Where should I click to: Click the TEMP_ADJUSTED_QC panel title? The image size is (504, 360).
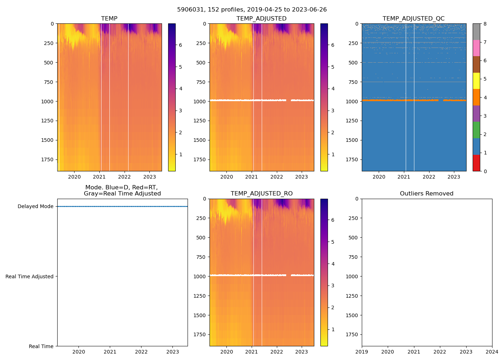pyautogui.click(x=413, y=19)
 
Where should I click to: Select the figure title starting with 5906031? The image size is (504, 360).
pyautogui.click(x=252, y=10)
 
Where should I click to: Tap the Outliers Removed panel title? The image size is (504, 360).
pyautogui.click(x=427, y=194)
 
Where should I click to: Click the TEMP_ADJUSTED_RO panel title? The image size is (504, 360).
pyautogui.click(x=261, y=194)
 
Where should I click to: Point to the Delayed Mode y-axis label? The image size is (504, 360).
pyautogui.click(x=35, y=207)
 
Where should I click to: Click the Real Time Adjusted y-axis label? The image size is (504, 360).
pyautogui.click(x=29, y=276)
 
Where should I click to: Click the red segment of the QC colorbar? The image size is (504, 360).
pyautogui.click(x=476, y=163)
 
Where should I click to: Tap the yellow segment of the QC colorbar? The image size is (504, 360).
pyautogui.click(x=476, y=81)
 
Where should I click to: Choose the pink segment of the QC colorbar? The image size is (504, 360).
pyautogui.click(x=476, y=48)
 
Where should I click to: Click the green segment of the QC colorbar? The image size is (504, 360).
pyautogui.click(x=476, y=130)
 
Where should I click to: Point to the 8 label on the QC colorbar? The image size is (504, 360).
pyautogui.click(x=485, y=24)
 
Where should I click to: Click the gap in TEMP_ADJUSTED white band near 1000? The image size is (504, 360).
pyautogui.click(x=288, y=100)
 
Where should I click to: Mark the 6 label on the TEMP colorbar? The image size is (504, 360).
pyautogui.click(x=180, y=45)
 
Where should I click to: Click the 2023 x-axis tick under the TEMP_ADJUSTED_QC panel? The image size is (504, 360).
pyautogui.click(x=454, y=177)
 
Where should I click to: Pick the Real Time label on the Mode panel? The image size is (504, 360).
pyautogui.click(x=41, y=346)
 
